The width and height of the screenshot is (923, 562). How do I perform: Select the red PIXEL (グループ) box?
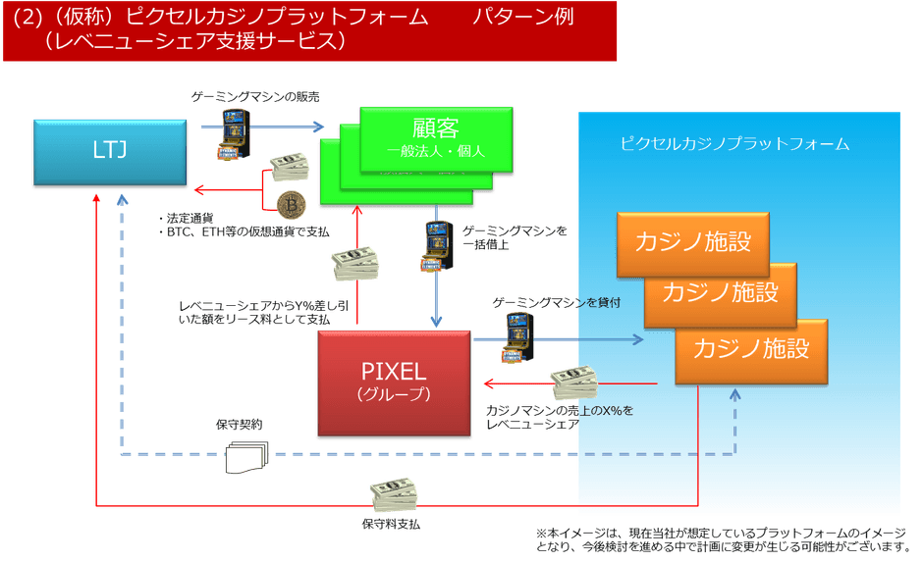[394, 383]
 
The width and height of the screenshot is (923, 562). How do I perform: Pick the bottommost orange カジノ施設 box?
[751, 348]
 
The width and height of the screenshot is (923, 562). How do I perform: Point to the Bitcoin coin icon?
[292, 204]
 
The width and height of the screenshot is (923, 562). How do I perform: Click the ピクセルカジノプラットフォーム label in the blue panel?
[734, 143]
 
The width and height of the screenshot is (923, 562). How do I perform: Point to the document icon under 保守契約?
[245, 454]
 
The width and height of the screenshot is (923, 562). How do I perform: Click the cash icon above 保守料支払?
[393, 492]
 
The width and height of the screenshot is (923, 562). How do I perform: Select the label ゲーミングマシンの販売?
[255, 96]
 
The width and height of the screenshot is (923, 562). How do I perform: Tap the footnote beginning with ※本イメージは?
[718, 537]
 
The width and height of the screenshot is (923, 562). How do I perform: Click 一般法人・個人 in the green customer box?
[435, 151]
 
